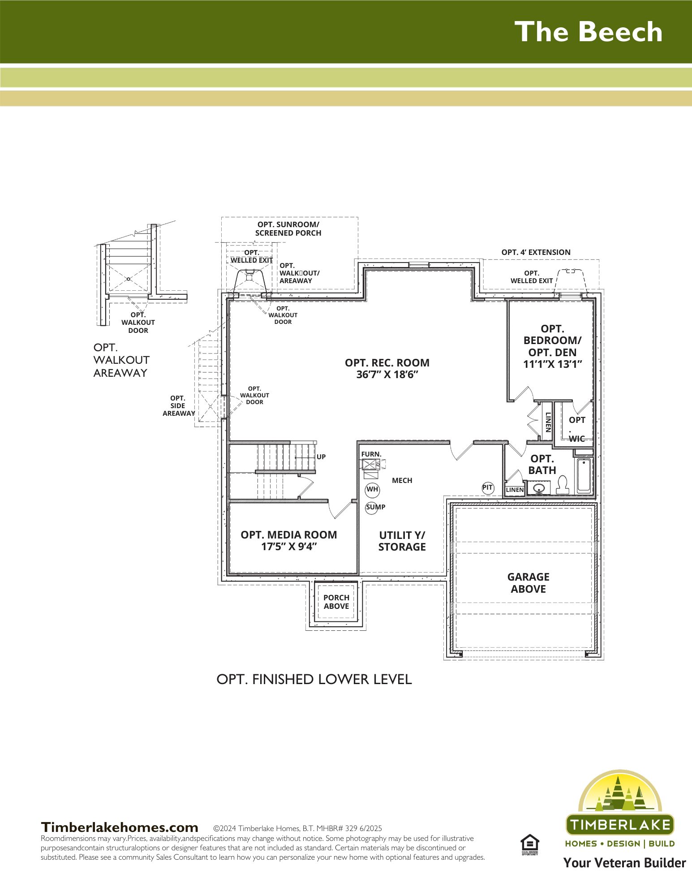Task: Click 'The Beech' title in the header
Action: [x=588, y=32]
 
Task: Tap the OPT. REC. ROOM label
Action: [x=387, y=369]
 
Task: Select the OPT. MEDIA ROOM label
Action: [x=289, y=541]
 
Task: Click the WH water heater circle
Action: [x=372, y=490]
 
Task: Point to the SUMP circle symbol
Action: [x=372, y=508]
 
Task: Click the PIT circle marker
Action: [x=488, y=488]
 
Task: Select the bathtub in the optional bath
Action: [x=584, y=475]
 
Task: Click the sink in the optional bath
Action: [x=539, y=488]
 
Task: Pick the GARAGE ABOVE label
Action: [x=529, y=583]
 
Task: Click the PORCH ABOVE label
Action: [x=336, y=602]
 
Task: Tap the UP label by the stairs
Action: [x=321, y=457]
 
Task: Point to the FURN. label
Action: [x=371, y=454]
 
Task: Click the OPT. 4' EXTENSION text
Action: [x=536, y=252]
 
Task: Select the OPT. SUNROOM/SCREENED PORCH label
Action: [x=288, y=228]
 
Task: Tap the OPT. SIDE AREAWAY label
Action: [x=178, y=405]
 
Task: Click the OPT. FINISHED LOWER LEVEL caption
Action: [x=314, y=679]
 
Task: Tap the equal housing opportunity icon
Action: [x=530, y=845]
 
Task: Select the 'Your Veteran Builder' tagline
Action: [x=625, y=863]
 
